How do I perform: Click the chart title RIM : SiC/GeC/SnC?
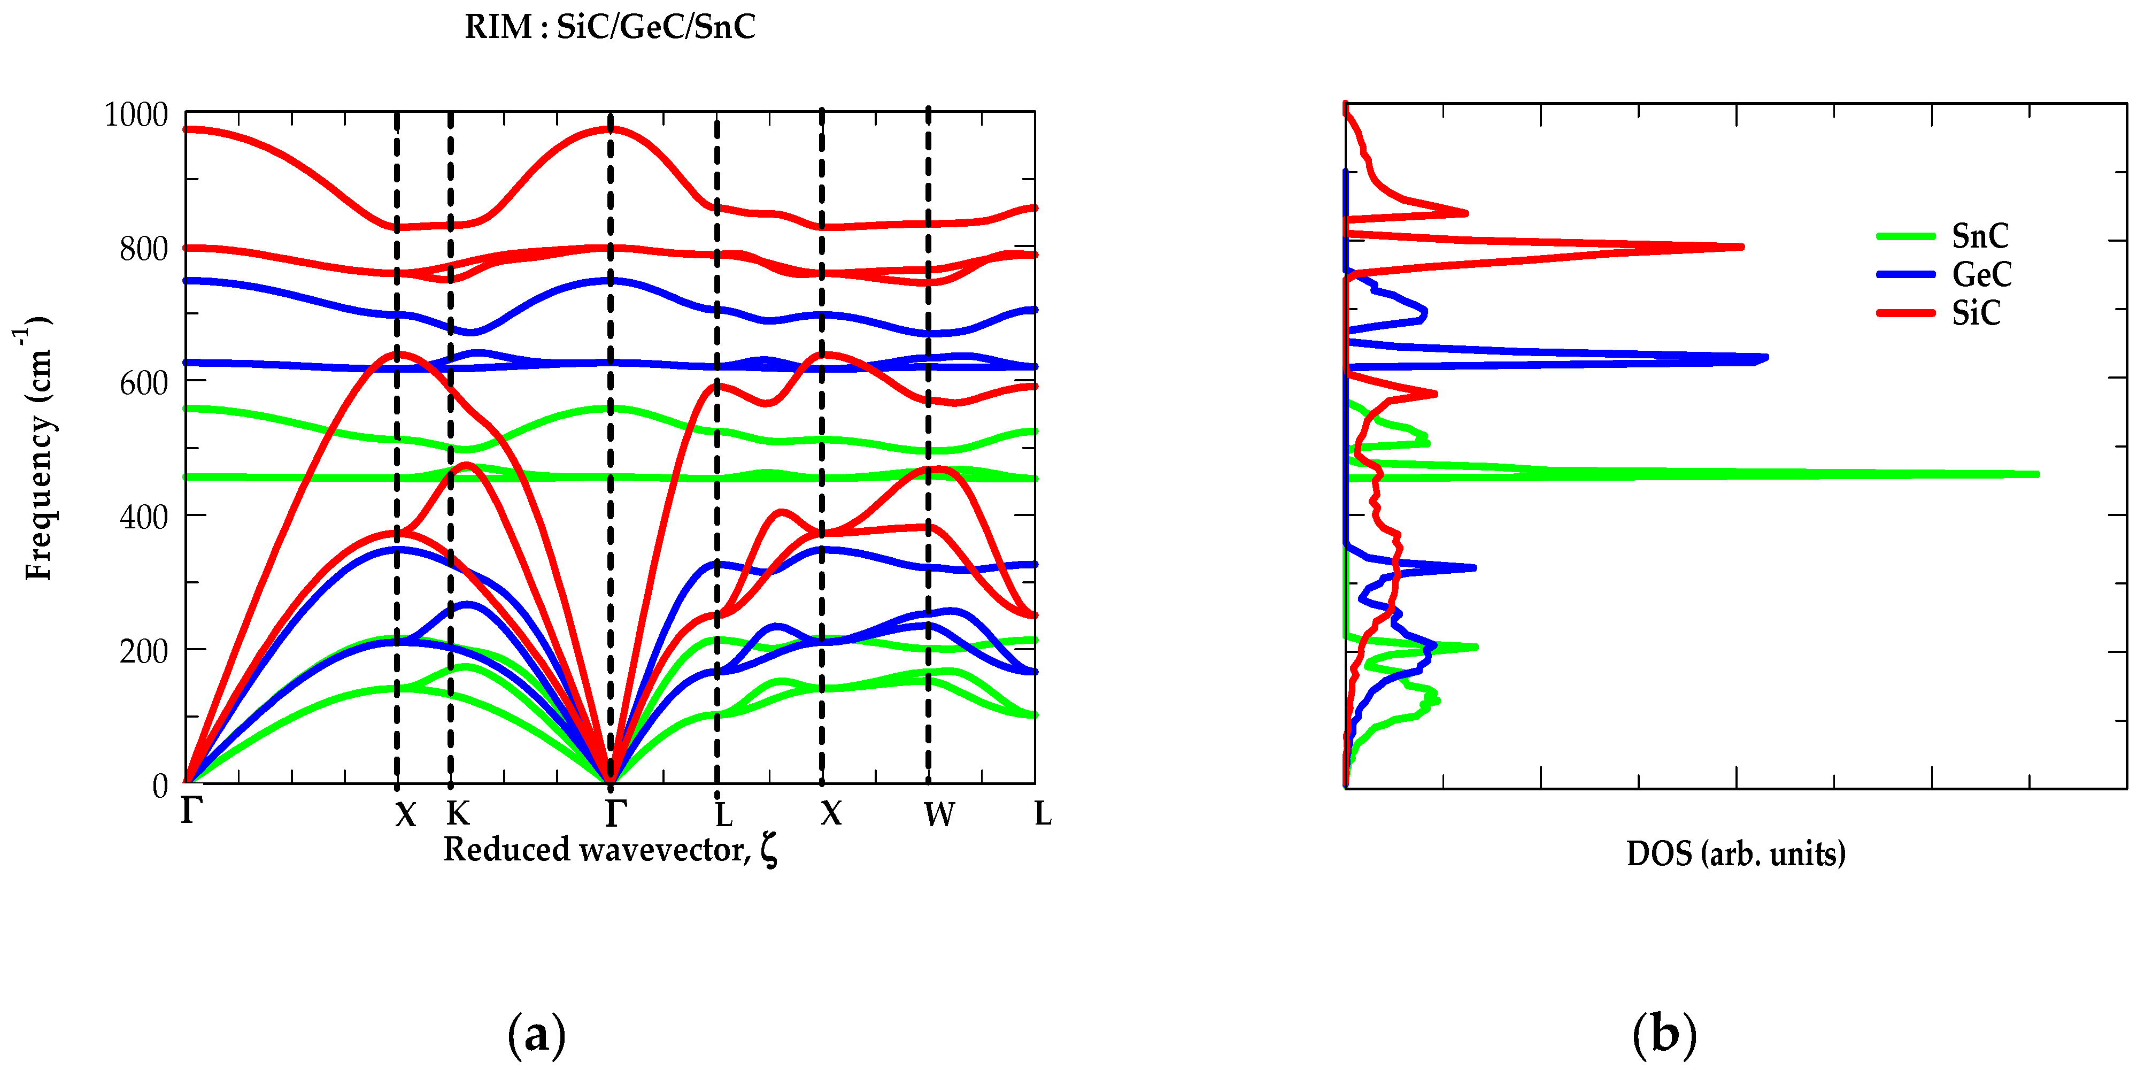tap(610, 27)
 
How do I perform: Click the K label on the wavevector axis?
tap(457, 814)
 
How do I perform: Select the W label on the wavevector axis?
tap(939, 814)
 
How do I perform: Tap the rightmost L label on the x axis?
tap(1043, 814)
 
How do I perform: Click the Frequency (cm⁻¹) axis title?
tap(37, 448)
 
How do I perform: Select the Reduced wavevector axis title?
tap(610, 850)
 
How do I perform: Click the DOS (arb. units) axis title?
tap(1735, 853)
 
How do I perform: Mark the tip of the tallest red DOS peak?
tap(1741, 247)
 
